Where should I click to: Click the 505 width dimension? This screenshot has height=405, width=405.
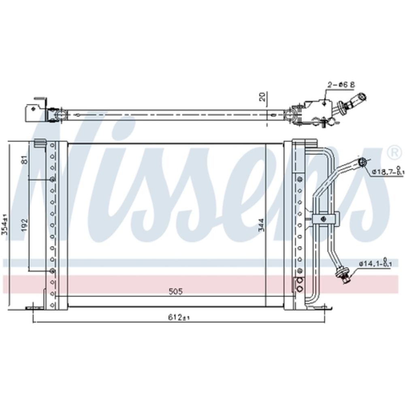click(x=176, y=291)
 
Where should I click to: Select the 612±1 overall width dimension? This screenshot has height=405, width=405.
click(x=179, y=318)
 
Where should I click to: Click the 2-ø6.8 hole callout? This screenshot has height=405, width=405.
click(x=341, y=85)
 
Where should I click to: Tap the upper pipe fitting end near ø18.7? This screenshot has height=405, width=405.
click(x=362, y=162)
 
